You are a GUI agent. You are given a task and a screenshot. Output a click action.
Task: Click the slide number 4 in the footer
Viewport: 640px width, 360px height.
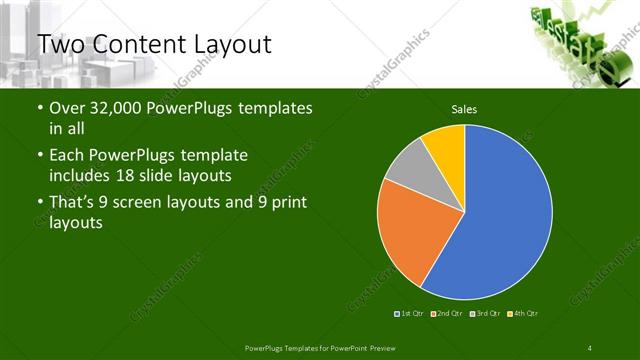pos(590,348)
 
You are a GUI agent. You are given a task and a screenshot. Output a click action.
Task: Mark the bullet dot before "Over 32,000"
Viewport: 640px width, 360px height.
pos(39,108)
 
